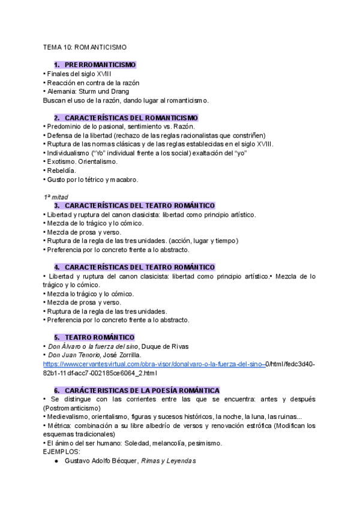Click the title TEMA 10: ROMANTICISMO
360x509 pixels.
85,47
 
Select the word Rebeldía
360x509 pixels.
61,170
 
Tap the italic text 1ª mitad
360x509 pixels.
56,197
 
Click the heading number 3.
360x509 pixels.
56,206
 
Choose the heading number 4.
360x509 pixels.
56,267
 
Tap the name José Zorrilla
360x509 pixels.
124,355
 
